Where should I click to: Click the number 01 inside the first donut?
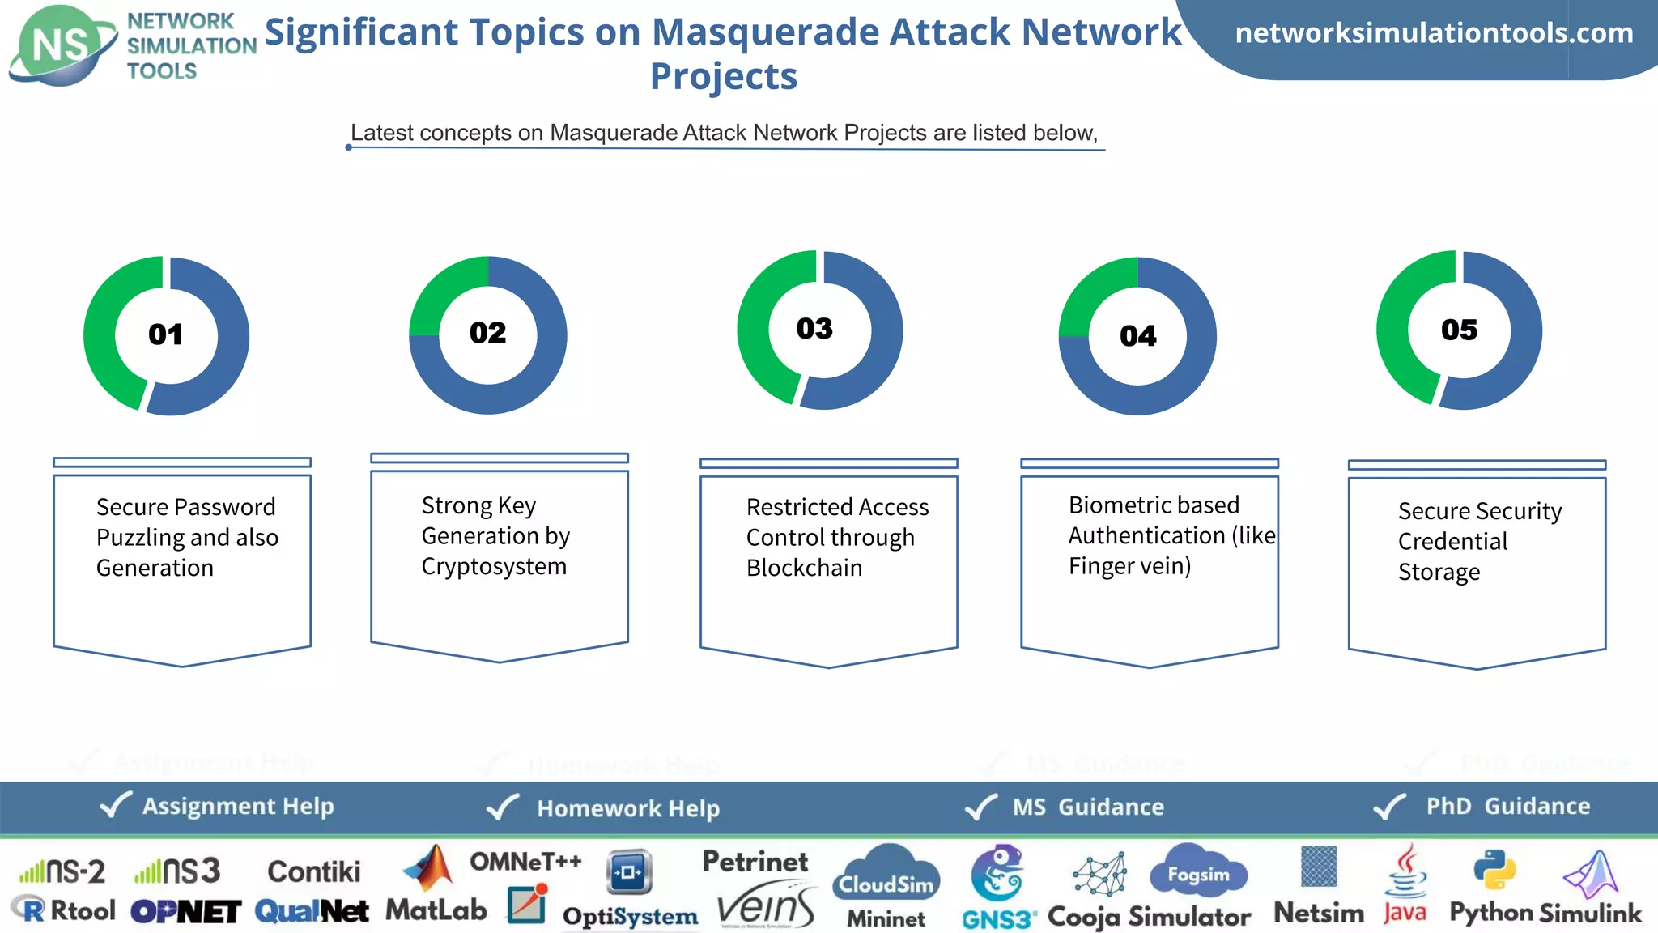click(166, 334)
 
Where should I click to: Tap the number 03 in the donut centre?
click(814, 329)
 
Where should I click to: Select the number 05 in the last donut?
click(1459, 330)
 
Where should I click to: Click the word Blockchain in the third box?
click(804, 569)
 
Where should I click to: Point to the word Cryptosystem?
click(494, 567)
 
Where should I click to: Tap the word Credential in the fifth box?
click(1452, 542)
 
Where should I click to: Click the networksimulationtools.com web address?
click(1434, 33)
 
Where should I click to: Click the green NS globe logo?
click(61, 45)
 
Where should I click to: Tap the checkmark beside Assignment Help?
click(115, 805)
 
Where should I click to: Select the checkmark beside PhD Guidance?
click(1389, 807)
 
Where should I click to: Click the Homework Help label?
click(628, 808)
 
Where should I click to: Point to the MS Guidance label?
click(1088, 807)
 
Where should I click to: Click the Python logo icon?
click(1494, 870)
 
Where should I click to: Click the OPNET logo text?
click(186, 912)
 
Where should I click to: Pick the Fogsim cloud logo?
click(1198, 873)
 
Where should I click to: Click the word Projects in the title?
click(724, 77)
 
